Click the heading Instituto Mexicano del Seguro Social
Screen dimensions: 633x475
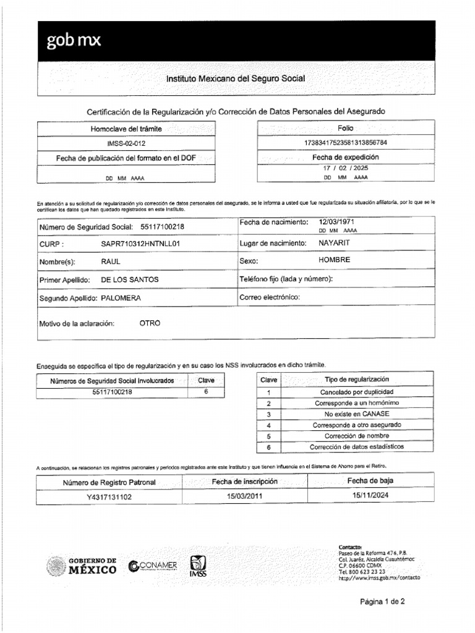click(235, 79)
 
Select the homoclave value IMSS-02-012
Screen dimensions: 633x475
click(126, 143)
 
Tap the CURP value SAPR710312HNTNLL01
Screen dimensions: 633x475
click(140, 244)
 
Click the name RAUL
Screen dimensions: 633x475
click(111, 261)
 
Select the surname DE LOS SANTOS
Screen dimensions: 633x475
click(130, 279)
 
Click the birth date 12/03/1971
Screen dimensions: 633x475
click(337, 221)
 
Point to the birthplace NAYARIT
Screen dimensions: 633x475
click(335, 243)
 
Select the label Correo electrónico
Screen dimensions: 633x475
click(270, 297)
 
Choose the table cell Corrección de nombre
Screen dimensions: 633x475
click(356, 436)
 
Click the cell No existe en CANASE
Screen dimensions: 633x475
click(356, 414)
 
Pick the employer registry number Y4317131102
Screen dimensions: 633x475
click(109, 496)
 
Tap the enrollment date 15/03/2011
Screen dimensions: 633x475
click(241, 496)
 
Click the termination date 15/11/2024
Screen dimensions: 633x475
click(370, 495)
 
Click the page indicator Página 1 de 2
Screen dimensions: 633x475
click(382, 601)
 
